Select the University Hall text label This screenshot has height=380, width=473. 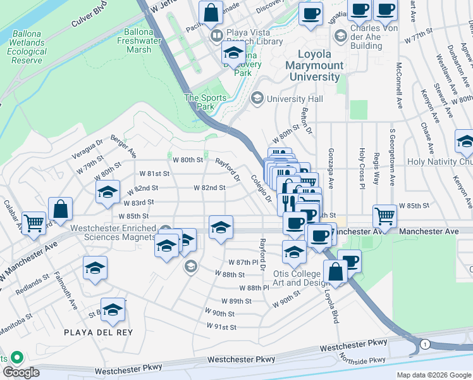tap(295, 99)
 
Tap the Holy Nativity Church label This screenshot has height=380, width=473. tap(441, 161)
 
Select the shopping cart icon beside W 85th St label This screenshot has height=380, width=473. tap(385, 216)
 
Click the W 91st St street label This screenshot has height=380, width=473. tap(221, 327)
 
